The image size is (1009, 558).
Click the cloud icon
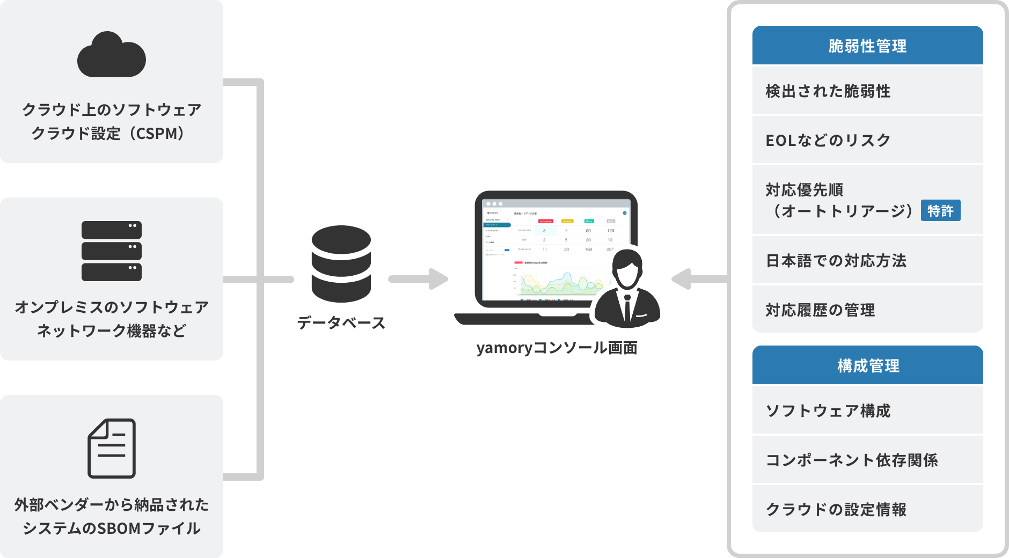tap(112, 55)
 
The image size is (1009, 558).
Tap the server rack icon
tap(112, 251)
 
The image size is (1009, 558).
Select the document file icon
tap(112, 448)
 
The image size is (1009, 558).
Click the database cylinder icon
tap(341, 263)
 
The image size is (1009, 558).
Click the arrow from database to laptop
tap(419, 279)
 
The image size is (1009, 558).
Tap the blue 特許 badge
tap(940, 211)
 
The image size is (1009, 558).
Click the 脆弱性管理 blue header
tap(867, 46)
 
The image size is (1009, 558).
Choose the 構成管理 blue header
tap(867, 366)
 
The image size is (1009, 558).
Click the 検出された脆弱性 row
tap(867, 91)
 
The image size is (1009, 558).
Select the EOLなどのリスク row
tap(867, 140)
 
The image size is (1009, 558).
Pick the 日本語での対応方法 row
tap(867, 260)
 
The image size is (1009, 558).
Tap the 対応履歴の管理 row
tap(867, 310)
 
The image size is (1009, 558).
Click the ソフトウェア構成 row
tap(867, 410)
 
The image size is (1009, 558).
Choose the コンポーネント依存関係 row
tap(867, 460)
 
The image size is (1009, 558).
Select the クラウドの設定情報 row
tap(867, 509)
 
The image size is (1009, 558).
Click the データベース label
tap(341, 322)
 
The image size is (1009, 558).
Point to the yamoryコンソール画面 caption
tap(557, 348)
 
